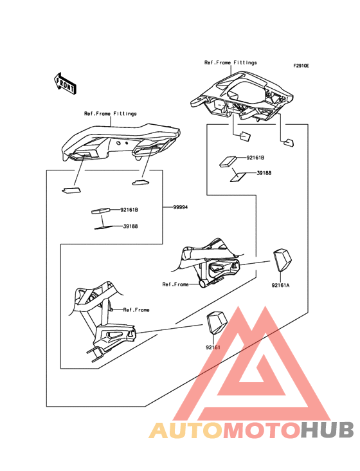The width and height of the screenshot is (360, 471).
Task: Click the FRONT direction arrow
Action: pos(65,83)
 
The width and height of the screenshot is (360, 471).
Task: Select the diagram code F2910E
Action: pos(301,66)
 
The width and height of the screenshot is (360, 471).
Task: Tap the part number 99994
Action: pos(181,207)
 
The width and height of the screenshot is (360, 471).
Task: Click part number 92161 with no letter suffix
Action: pos(213,347)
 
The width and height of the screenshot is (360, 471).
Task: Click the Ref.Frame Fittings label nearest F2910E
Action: pos(230,62)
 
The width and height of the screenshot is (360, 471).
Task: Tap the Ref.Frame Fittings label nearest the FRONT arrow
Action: pos(110,114)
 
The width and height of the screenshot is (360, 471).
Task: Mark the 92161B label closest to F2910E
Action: pos(255,157)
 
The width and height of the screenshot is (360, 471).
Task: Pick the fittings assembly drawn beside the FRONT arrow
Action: pos(118,142)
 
